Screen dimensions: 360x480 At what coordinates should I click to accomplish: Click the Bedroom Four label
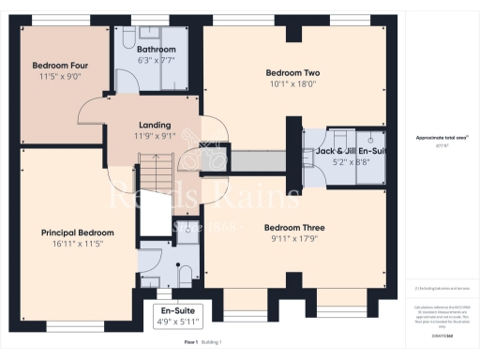58,66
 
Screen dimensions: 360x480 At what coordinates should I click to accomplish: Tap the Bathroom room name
156,49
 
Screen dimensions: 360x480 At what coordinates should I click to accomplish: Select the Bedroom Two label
293,72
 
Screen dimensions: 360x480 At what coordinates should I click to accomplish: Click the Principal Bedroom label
77,232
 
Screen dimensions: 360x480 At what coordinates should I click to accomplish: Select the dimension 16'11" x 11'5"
77,245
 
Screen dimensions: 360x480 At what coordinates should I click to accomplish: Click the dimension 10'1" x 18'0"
293,84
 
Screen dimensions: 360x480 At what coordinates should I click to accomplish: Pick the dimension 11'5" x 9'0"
58,78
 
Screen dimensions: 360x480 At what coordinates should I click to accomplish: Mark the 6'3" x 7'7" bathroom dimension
156,61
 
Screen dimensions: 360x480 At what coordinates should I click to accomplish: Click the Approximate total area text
442,138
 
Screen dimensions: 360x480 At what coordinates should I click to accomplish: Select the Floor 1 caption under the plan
190,343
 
